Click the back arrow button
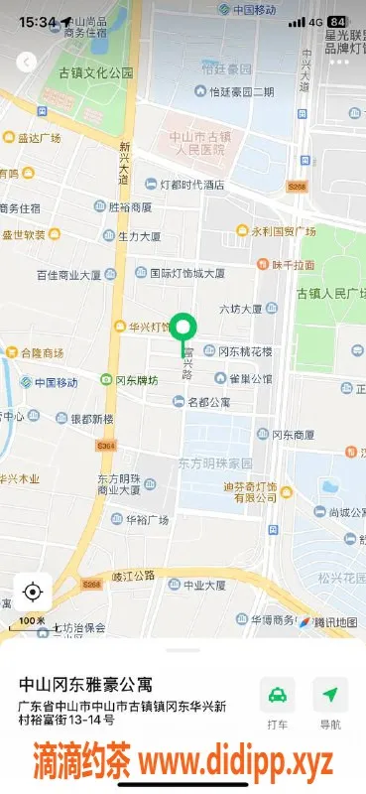[27, 62]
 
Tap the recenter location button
[32, 593]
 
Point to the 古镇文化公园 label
[95, 73]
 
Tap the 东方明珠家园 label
[215, 463]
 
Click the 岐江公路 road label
[134, 575]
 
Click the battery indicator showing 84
[337, 21]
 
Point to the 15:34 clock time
[37, 21]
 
